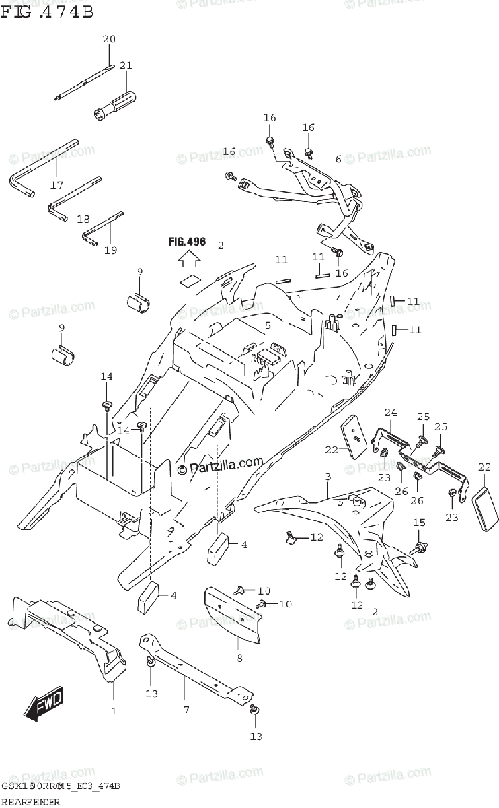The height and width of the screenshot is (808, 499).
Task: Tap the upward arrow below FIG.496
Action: [x=190, y=258]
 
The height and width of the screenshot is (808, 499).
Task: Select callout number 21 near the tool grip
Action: [x=126, y=65]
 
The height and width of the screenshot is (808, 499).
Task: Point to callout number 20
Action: [x=109, y=39]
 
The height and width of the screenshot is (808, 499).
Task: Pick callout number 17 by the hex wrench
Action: [x=56, y=185]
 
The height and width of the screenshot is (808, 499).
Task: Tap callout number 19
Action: [x=110, y=250]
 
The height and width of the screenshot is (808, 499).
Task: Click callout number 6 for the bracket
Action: [x=338, y=159]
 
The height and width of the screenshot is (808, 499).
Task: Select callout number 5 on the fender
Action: [x=267, y=326]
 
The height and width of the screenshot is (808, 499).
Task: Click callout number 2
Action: [x=220, y=246]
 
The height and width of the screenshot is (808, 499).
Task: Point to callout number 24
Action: [x=391, y=412]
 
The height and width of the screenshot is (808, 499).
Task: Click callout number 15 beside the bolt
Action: [x=419, y=523]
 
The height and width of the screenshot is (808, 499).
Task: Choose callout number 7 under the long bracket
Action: [x=186, y=710]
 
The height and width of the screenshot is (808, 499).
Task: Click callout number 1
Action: [x=113, y=710]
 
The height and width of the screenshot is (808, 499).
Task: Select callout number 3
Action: [x=327, y=477]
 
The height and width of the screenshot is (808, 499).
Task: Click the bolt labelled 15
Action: [x=420, y=546]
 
